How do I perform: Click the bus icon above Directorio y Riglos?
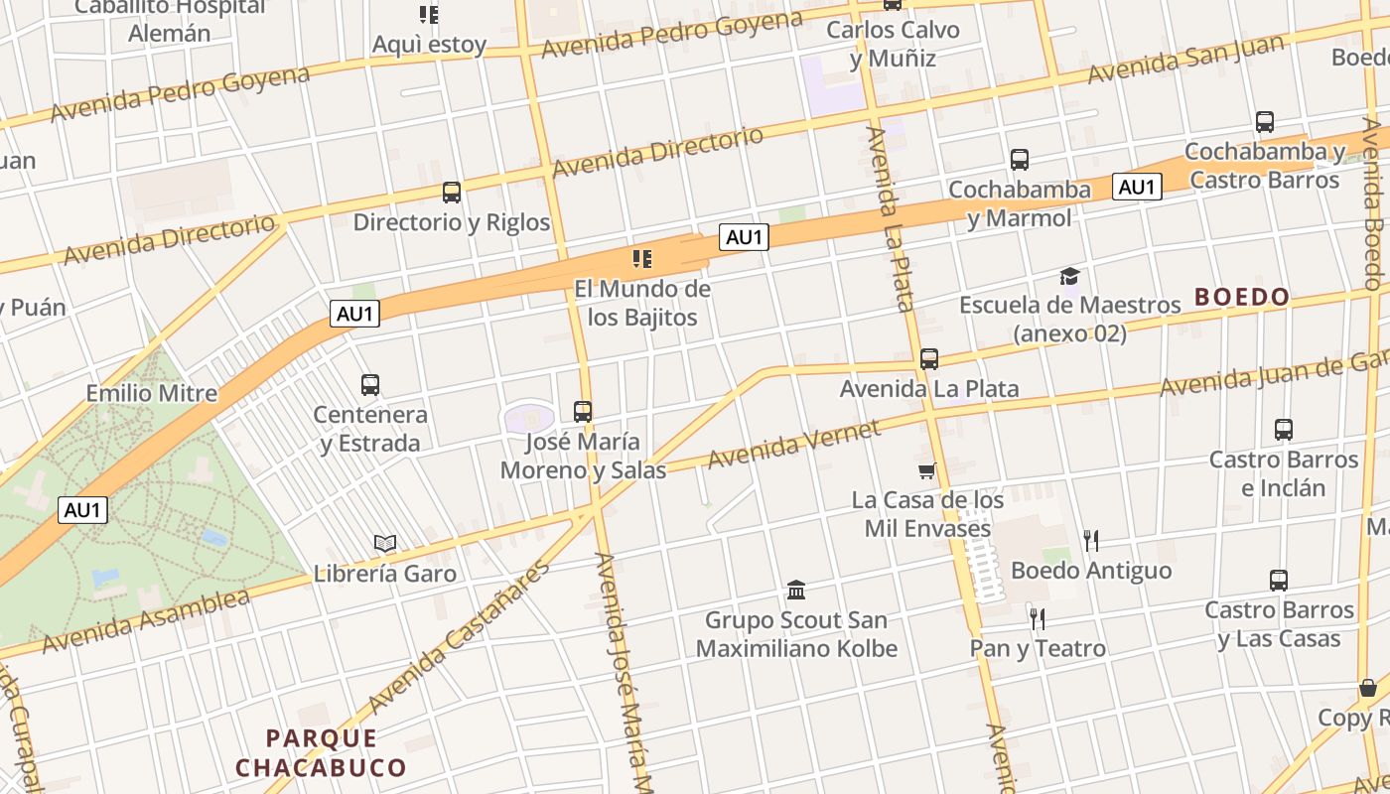coord(452,193)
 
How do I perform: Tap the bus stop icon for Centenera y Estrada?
coord(370,385)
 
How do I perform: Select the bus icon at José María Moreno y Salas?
coord(583,411)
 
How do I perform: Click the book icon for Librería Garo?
coord(385,543)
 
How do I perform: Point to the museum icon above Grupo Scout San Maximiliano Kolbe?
coord(796,591)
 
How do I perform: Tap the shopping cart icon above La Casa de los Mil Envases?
coord(927,470)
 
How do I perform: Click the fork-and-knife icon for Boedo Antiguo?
coord(1091,540)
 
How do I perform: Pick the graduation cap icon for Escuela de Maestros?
coord(1069,276)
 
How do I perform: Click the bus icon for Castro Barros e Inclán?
coord(1284,430)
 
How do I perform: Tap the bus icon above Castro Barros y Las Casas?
coord(1279,581)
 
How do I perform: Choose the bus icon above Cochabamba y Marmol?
coord(1020,160)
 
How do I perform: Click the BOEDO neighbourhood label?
coord(1242,297)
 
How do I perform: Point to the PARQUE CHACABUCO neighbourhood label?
coord(322,753)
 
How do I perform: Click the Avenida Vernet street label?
coord(793,444)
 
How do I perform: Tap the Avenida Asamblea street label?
coord(146,622)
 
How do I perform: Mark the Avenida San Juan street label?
coord(1185,60)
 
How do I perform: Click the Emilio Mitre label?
coord(152,393)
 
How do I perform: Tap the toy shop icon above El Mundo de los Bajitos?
coord(642,260)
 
